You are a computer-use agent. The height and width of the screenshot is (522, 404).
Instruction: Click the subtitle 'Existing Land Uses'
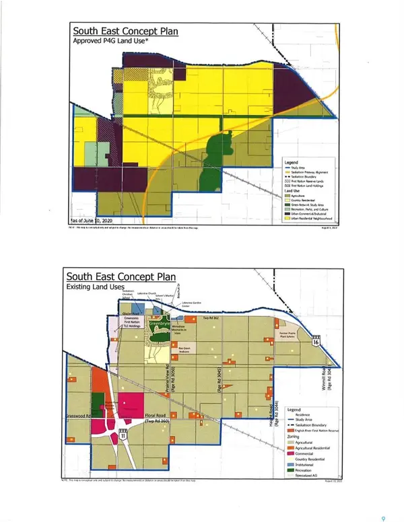point(100,287)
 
